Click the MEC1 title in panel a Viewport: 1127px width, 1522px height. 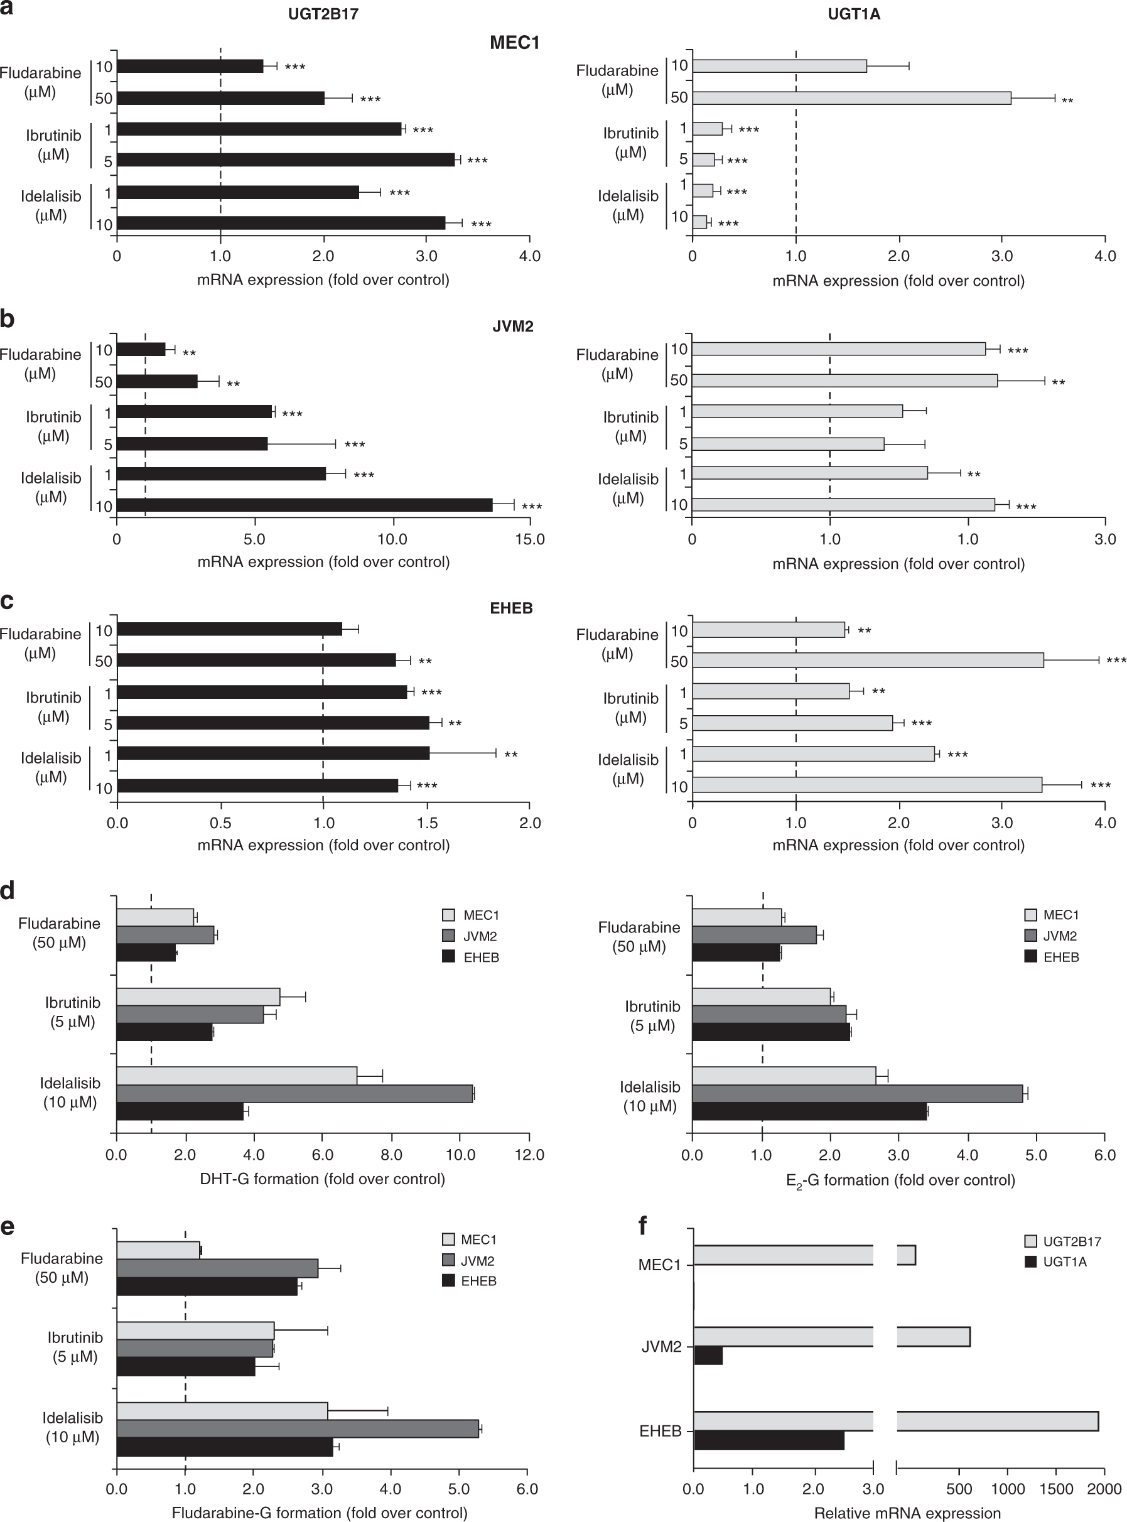click(514, 43)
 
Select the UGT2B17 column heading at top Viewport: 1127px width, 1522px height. click(323, 14)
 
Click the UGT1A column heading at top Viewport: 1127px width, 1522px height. click(853, 14)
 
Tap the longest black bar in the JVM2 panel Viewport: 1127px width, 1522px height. click(305, 505)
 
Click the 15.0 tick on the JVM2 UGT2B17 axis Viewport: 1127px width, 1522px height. click(529, 539)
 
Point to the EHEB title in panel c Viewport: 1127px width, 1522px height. click(511, 608)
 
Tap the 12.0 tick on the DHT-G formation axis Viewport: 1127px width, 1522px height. click(529, 1155)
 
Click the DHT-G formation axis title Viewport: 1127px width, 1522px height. click(322, 1179)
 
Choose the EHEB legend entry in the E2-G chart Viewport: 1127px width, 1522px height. click(1060, 957)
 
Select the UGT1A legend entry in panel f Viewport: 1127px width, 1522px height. click(1064, 1261)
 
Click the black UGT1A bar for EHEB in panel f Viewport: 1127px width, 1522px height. click(769, 1440)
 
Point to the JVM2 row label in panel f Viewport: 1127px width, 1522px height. click(661, 1347)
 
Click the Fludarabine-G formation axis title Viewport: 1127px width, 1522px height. click(320, 1513)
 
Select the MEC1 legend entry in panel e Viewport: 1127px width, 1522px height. click(478, 1239)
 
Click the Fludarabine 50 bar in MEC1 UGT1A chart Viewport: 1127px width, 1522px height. click(851, 97)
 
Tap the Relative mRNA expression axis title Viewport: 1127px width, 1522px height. click(907, 1513)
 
